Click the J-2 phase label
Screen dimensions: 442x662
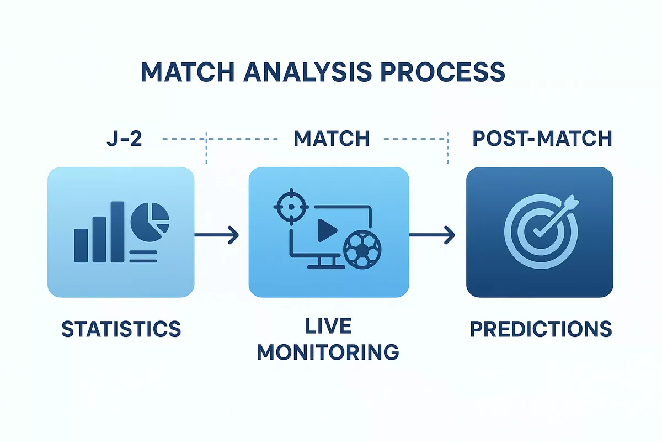click(x=124, y=138)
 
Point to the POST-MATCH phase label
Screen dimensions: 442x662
click(x=542, y=138)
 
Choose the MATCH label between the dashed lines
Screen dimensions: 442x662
click(x=332, y=138)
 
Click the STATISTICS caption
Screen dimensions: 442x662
click(x=121, y=329)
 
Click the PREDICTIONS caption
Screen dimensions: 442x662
click(x=541, y=329)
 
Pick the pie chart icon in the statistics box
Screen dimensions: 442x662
click(x=150, y=218)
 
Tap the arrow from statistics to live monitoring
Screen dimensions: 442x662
click(x=216, y=235)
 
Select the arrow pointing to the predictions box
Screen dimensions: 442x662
click(x=432, y=235)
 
